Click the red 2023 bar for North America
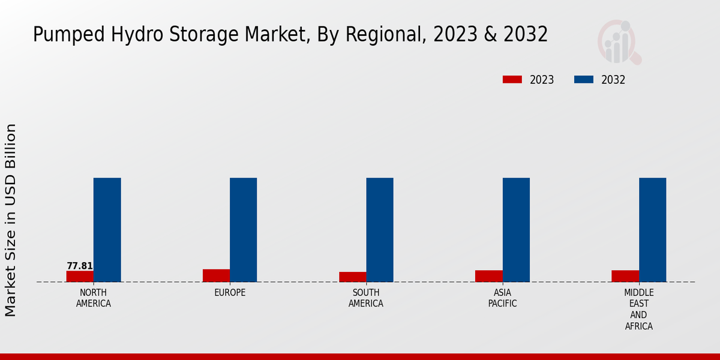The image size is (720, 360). pos(80,277)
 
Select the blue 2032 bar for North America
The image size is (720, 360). pos(107,230)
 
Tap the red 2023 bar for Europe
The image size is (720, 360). pos(216,275)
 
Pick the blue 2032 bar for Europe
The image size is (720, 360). pos(243,230)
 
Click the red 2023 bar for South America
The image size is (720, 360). pos(352,277)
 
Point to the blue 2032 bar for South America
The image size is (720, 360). pos(380,230)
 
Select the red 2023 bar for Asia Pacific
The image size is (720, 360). pos(488,276)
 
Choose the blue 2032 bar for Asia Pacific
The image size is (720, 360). pos(516,230)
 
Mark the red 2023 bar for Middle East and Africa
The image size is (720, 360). pos(625,276)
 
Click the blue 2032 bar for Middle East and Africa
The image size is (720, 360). pos(652,230)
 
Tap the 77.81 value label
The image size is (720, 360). pos(80,266)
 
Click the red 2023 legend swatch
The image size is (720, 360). pos(512,79)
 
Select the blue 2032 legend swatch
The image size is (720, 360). pos(584,79)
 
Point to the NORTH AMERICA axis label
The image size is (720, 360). pos(94,298)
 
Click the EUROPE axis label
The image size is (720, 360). pos(230,293)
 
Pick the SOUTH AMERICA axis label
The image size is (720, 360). pos(366,298)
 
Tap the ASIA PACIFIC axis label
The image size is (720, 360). pos(502,298)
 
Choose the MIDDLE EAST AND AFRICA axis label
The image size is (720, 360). pos(638,310)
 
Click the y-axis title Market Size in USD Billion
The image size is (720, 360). pos(11,220)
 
